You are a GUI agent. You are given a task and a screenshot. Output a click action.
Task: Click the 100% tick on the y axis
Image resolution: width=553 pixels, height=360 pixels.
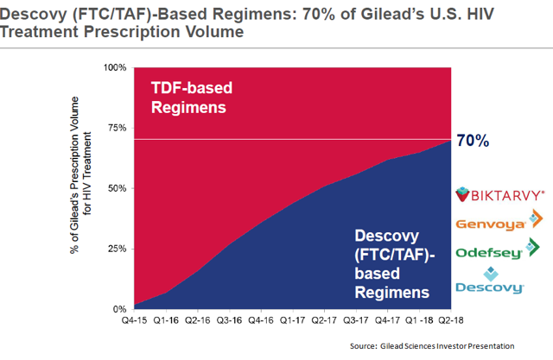tap(115, 67)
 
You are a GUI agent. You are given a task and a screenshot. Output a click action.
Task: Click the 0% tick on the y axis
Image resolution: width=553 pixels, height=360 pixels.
tap(120, 309)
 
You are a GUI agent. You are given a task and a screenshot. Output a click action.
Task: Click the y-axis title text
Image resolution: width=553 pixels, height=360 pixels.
tap(82, 188)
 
